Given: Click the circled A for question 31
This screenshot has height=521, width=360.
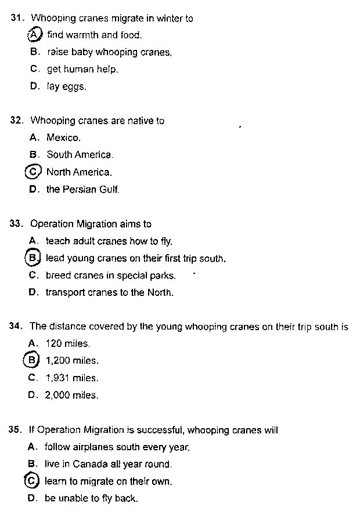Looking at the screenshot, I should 35,35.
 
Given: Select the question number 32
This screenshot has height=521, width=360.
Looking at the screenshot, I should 17,121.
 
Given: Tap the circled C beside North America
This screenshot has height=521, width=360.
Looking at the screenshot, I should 34,172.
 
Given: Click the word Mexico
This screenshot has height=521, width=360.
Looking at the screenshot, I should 63,138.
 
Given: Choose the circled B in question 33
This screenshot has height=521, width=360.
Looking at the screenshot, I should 33,258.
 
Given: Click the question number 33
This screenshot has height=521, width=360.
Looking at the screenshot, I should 16,224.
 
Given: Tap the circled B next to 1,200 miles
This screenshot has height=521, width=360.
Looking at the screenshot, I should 32,360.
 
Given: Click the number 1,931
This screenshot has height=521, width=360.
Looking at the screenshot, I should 57,378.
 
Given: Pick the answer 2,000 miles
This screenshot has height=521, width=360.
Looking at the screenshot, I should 71,395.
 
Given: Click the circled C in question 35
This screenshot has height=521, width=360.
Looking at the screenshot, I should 33,481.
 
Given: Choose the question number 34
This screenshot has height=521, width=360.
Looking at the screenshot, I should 16,327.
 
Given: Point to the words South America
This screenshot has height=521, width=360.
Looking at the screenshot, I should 80,155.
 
